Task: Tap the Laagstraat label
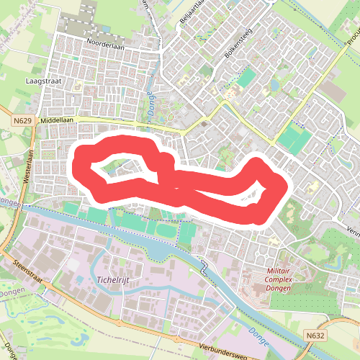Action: [43, 81]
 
